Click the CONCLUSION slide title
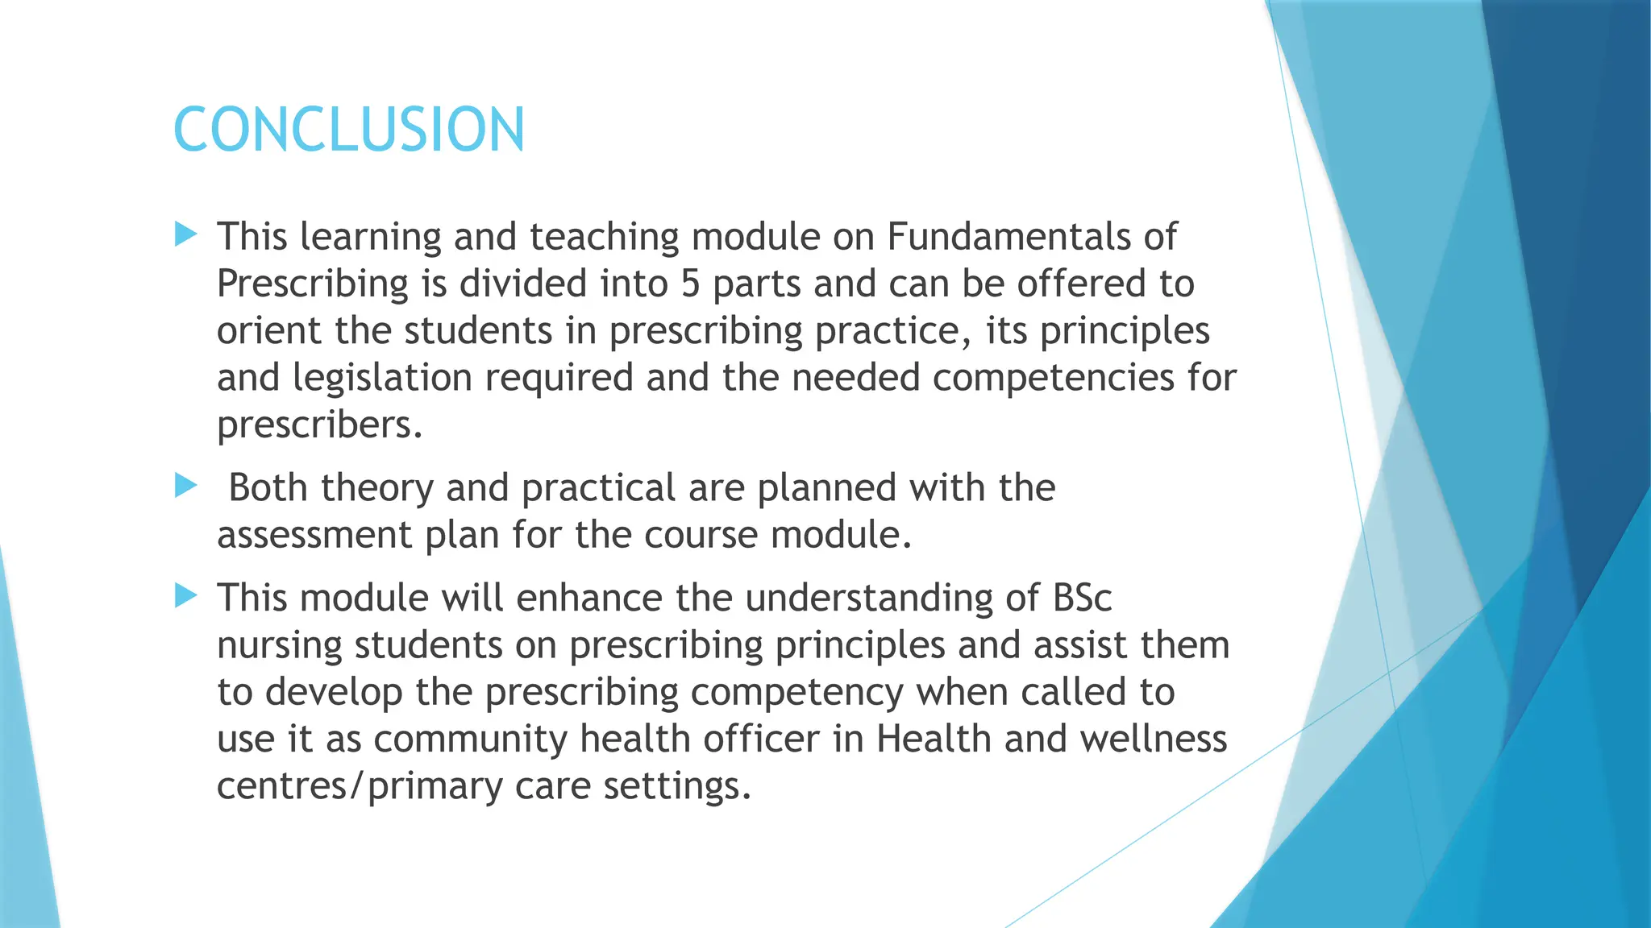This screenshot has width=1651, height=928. (x=349, y=130)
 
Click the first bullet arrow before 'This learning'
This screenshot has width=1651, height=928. (x=186, y=235)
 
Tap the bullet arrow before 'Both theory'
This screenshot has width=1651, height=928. (x=186, y=486)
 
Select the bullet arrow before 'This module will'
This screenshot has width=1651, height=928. (x=186, y=596)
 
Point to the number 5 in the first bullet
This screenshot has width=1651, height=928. (x=690, y=284)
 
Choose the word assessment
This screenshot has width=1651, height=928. (x=314, y=535)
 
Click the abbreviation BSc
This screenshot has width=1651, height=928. (x=1082, y=598)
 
